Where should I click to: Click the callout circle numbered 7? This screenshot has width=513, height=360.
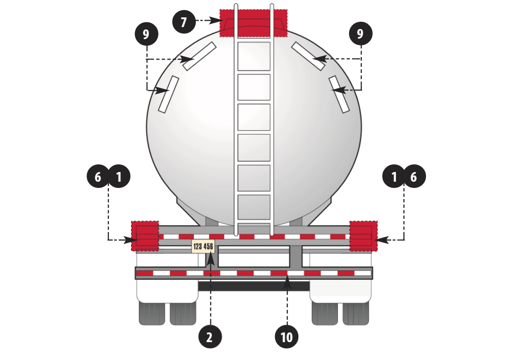[184, 22]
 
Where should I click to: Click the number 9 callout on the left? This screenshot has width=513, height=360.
[147, 34]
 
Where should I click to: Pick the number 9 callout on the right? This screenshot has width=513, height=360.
[361, 33]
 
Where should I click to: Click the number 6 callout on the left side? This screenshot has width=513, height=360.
[98, 176]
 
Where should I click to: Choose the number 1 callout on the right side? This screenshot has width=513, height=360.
[394, 176]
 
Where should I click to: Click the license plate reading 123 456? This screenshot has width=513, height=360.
[203, 246]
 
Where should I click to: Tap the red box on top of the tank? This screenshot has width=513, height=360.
[253, 23]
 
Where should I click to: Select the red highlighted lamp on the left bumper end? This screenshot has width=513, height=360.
[145, 236]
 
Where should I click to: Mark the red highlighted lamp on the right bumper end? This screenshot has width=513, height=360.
[363, 236]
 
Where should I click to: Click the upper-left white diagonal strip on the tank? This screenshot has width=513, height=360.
[199, 56]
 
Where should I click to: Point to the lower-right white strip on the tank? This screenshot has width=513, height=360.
[339, 95]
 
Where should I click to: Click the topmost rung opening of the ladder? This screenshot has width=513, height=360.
[254, 56]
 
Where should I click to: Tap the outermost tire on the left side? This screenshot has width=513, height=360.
[152, 313]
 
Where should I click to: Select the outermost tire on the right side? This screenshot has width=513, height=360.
[356, 313]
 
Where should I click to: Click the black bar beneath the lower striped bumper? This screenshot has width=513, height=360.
[254, 286]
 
